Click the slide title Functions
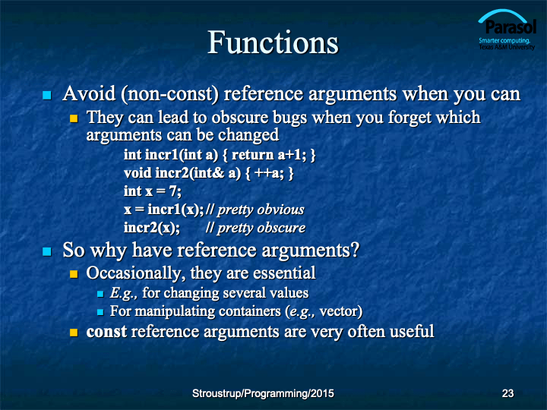[273, 43]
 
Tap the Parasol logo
[507, 30]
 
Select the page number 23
[507, 393]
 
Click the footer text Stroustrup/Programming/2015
[263, 393]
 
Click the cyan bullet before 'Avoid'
[47, 95]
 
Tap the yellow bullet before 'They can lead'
[74, 118]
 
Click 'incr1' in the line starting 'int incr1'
[161, 154]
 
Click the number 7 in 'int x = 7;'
[173, 191]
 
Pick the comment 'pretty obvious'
[261, 210]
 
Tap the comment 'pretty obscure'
[261, 228]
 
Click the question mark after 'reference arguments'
[355, 250]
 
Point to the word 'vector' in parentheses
[338, 311]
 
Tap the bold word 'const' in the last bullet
[106, 332]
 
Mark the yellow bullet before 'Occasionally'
[74, 274]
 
